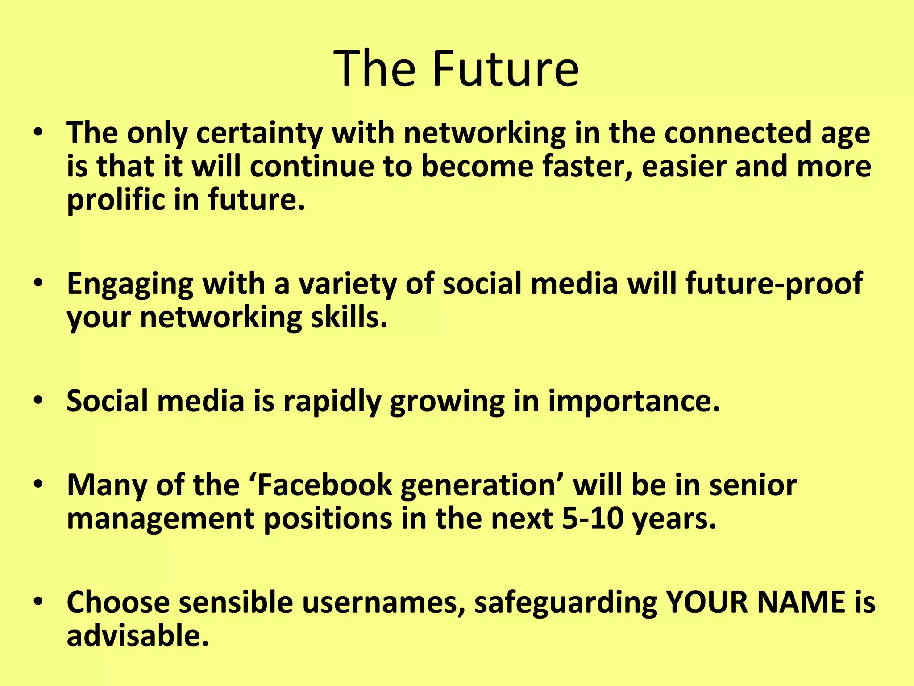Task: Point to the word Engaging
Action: coord(130,284)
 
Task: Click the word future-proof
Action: coord(774,284)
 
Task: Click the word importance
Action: coord(634,401)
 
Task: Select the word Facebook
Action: coord(324,485)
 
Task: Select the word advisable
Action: coord(137,636)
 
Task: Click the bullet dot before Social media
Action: coord(39,400)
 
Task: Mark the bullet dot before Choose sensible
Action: coord(39,601)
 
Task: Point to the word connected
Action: coord(737,133)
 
